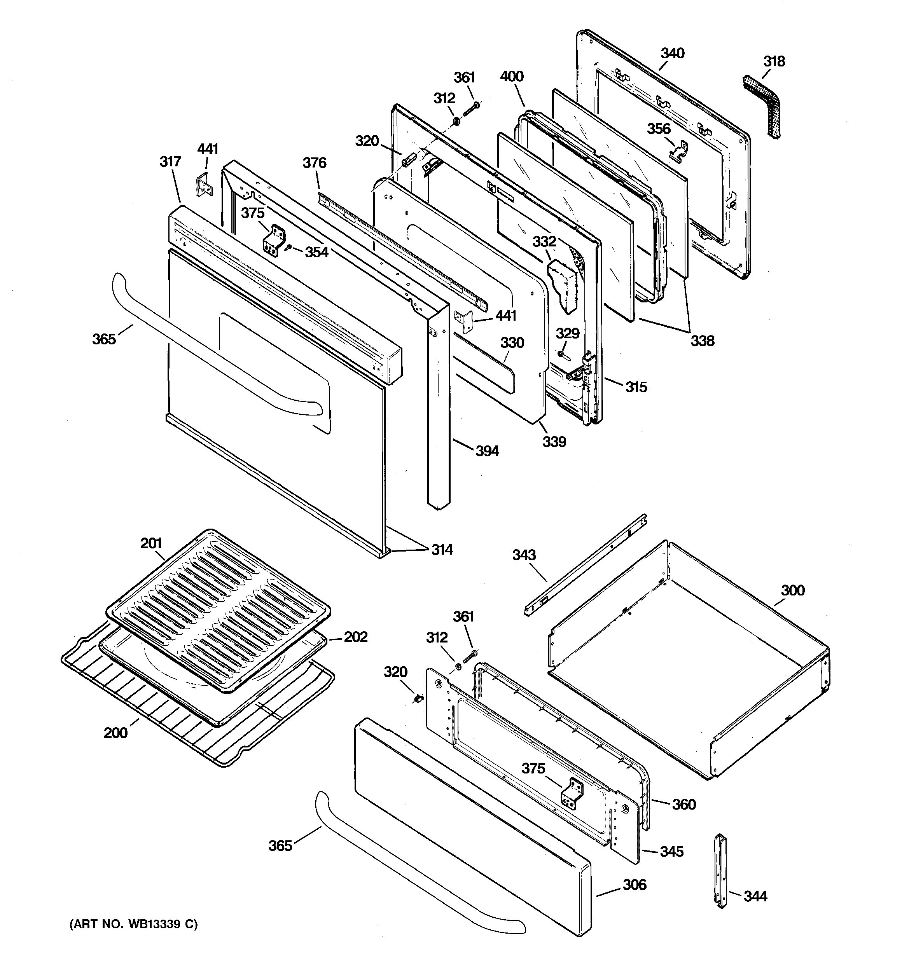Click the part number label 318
point(774,61)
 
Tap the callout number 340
point(673,53)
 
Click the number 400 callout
point(512,77)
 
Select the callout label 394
point(487,451)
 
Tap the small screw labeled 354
point(288,247)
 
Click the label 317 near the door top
point(170,162)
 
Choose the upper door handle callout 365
point(104,339)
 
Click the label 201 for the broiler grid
point(151,543)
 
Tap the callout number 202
point(356,636)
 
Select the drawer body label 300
point(793,590)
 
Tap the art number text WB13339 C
point(134,925)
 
